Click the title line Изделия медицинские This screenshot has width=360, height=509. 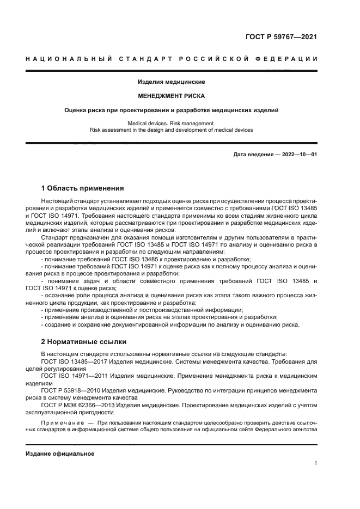tap(171, 82)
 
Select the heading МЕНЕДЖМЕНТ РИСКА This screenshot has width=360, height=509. tap(171, 96)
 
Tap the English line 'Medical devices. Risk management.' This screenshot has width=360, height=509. tap(171, 124)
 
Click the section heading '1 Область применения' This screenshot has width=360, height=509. tap(82, 188)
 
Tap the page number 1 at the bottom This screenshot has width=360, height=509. tap(315, 463)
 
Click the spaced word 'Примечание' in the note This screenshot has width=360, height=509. tap(62, 422)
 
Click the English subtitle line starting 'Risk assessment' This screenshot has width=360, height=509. tap(171, 130)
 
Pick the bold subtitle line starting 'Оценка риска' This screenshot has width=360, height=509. tap(171, 110)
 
